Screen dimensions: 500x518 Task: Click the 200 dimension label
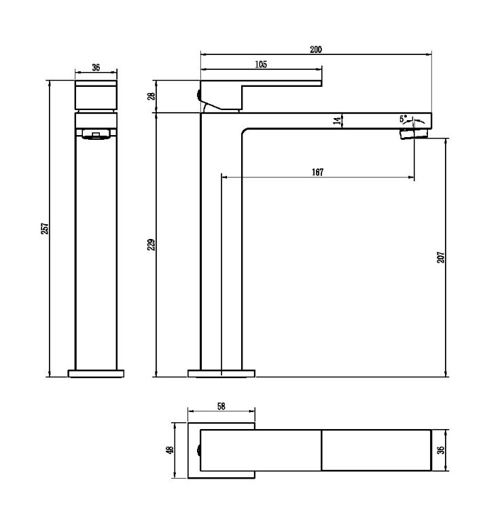coord(316,50)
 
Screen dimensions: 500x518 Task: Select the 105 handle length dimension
coord(261,64)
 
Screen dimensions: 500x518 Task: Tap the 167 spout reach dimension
coord(317,172)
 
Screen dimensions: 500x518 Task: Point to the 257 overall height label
coord(45,229)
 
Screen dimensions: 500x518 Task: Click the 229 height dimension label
coord(151,244)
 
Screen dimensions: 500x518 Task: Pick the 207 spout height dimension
coord(441,257)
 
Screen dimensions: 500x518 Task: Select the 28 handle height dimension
coord(151,96)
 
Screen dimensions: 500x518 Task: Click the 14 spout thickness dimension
coord(337,121)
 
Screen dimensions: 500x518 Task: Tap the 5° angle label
coord(403,119)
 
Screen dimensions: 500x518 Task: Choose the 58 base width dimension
coord(221,407)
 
